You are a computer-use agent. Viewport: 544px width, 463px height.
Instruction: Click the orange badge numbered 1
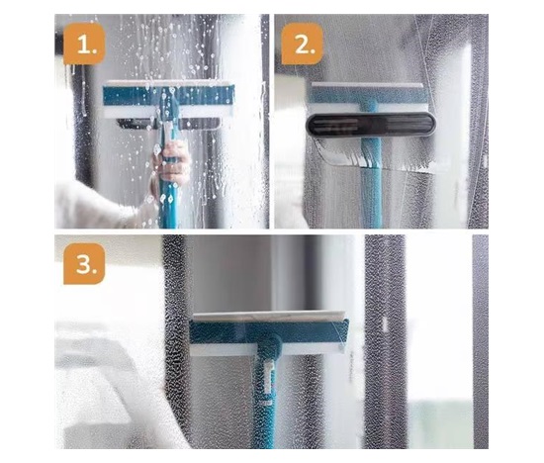[84, 44]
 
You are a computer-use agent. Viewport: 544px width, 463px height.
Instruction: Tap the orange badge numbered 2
[303, 44]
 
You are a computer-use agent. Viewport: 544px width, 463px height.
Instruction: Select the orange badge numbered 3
[84, 264]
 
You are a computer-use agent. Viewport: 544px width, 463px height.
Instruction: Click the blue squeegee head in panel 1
[168, 96]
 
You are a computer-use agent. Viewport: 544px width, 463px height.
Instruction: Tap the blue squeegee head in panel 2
[369, 97]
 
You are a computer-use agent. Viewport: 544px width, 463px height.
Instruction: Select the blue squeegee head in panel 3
[269, 332]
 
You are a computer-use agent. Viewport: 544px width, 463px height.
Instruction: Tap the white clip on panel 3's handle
[268, 377]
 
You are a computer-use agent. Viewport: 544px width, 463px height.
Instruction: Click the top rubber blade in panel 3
[268, 317]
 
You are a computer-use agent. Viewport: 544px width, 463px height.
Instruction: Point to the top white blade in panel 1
[167, 83]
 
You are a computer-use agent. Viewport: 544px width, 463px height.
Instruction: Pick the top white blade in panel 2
[367, 85]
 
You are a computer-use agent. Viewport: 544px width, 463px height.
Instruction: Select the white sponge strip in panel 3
[267, 350]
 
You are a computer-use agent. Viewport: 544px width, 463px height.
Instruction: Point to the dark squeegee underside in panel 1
[169, 124]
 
